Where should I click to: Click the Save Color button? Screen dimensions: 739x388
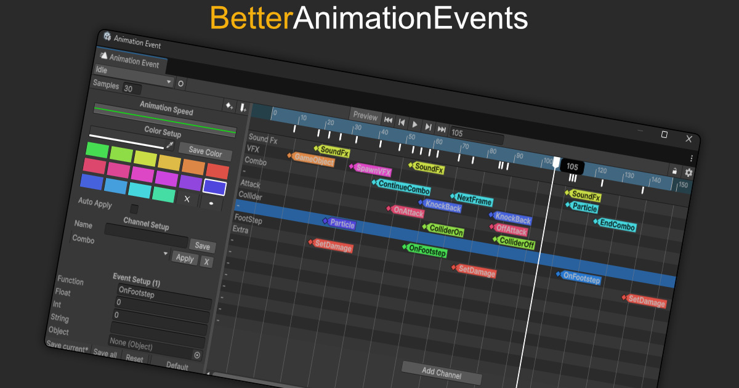coord(205,152)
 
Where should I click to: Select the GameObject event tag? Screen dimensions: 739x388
coord(312,160)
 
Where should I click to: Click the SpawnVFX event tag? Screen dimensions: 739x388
coord(371,169)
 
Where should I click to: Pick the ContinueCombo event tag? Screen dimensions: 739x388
coord(402,187)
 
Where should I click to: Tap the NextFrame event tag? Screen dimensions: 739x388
coord(472,199)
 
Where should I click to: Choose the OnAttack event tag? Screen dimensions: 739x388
coord(406,211)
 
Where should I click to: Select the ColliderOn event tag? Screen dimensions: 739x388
coord(443,230)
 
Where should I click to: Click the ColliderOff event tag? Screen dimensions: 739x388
coord(514,242)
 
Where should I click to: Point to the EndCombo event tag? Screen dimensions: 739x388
coord(615,225)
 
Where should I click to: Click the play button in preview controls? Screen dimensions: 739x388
coord(414,124)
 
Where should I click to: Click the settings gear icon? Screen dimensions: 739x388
coord(689,172)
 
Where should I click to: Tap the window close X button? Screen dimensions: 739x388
coord(689,139)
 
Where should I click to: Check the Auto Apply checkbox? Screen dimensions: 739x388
coord(134,209)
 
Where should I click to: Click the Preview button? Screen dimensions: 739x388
coord(365,116)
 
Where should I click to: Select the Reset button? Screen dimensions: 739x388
coord(134,358)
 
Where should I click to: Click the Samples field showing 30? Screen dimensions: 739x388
coord(132,89)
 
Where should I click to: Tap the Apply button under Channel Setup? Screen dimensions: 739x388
coord(185,258)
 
